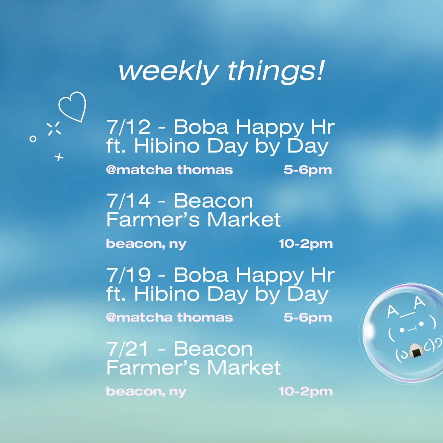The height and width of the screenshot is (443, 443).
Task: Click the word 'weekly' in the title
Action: (169, 71)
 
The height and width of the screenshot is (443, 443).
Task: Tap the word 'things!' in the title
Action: (276, 71)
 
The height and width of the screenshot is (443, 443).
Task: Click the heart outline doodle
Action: (73, 107)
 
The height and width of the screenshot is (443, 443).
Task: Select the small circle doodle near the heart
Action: (33, 139)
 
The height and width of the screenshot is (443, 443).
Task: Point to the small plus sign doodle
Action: (59, 157)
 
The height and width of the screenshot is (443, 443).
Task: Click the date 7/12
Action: (128, 127)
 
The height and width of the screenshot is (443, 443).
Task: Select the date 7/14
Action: (128, 201)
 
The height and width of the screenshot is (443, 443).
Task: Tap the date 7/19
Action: (128, 274)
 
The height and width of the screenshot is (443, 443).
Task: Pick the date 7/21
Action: (128, 349)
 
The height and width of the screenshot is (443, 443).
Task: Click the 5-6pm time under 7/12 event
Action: (308, 170)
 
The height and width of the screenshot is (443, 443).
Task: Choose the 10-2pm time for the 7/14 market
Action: (306, 244)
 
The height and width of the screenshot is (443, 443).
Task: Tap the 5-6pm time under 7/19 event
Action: (308, 318)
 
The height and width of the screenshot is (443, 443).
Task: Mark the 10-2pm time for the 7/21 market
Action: (306, 392)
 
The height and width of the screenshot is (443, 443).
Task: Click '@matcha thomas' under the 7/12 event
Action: (169, 170)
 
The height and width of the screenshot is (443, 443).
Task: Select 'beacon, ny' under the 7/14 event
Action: (146, 244)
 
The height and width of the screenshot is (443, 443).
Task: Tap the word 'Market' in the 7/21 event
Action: (244, 368)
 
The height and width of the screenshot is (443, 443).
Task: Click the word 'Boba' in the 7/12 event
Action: (201, 127)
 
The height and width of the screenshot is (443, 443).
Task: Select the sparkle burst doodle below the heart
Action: (54, 128)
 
